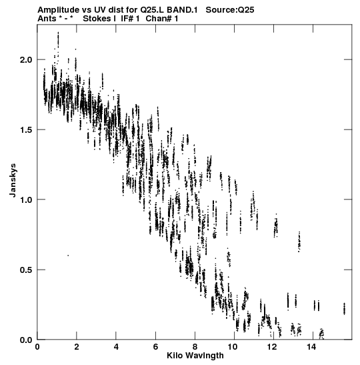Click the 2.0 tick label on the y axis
25,60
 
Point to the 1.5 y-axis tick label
25,129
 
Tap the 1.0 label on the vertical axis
25,200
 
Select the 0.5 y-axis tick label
25,270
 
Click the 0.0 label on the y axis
25,340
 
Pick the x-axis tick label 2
77,347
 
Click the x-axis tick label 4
116,347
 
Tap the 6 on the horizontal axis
155,347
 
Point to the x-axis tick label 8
195,347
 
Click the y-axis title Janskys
13,180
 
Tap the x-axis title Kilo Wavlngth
195,356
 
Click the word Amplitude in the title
58,10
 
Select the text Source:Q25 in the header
230,10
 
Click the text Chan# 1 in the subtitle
162,19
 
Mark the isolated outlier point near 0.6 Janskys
68,256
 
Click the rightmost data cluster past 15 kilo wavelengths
344,309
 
